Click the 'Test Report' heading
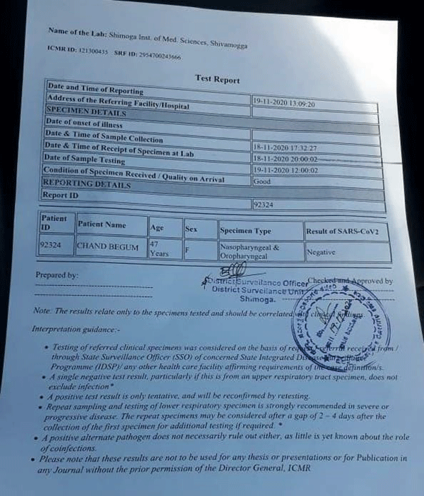218,80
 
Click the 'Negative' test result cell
321,251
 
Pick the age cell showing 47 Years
159,248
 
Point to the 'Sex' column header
191,229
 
